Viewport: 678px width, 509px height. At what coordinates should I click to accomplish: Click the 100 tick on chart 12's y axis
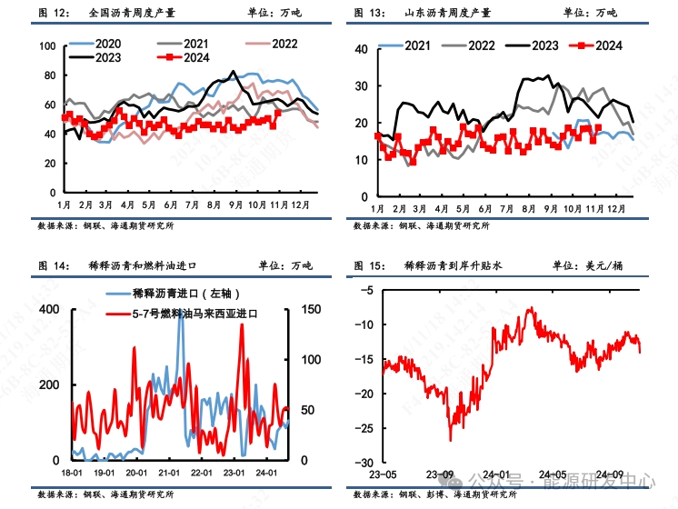(x=46, y=45)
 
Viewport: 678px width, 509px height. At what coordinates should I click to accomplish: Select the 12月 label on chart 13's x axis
(x=616, y=206)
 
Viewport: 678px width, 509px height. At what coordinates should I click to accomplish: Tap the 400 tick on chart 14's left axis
(x=49, y=310)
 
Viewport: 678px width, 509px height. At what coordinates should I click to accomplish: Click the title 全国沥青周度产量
(x=132, y=13)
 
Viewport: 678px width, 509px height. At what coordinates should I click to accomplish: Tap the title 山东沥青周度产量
(x=449, y=13)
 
